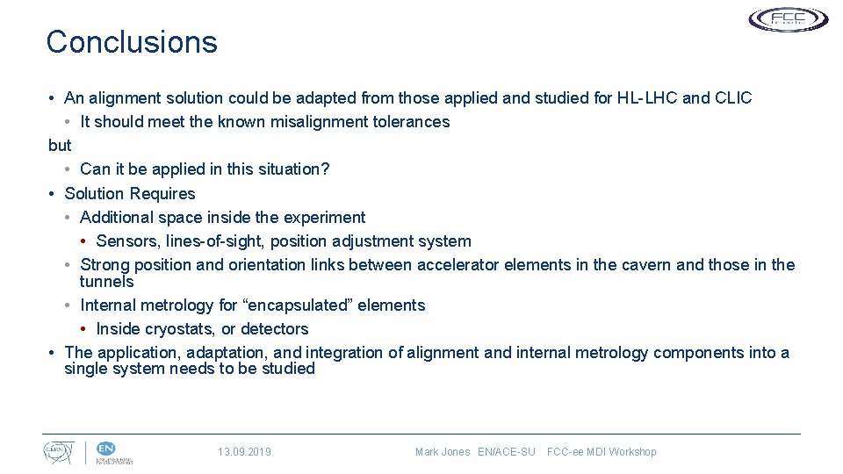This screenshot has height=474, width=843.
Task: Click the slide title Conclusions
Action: pyautogui.click(x=132, y=42)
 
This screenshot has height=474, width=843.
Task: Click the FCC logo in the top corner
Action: pyautogui.click(x=788, y=19)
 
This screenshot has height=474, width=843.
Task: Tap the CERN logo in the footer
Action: pyautogui.click(x=60, y=452)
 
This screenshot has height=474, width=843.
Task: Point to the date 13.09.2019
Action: pyautogui.click(x=244, y=452)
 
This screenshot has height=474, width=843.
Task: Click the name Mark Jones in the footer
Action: pyautogui.click(x=443, y=452)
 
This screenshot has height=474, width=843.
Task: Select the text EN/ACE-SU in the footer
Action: pyautogui.click(x=507, y=452)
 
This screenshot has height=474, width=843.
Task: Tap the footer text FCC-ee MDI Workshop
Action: pyautogui.click(x=602, y=452)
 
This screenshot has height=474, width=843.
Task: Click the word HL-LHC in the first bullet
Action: pyautogui.click(x=647, y=98)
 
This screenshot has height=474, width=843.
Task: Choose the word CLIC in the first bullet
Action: pyautogui.click(x=734, y=98)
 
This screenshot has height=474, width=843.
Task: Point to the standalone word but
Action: pyautogui.click(x=60, y=146)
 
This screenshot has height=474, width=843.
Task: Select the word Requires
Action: pyautogui.click(x=162, y=193)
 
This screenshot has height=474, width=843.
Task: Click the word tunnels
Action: pyautogui.click(x=107, y=282)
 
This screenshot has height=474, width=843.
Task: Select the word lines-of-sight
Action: pyautogui.click(x=213, y=241)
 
